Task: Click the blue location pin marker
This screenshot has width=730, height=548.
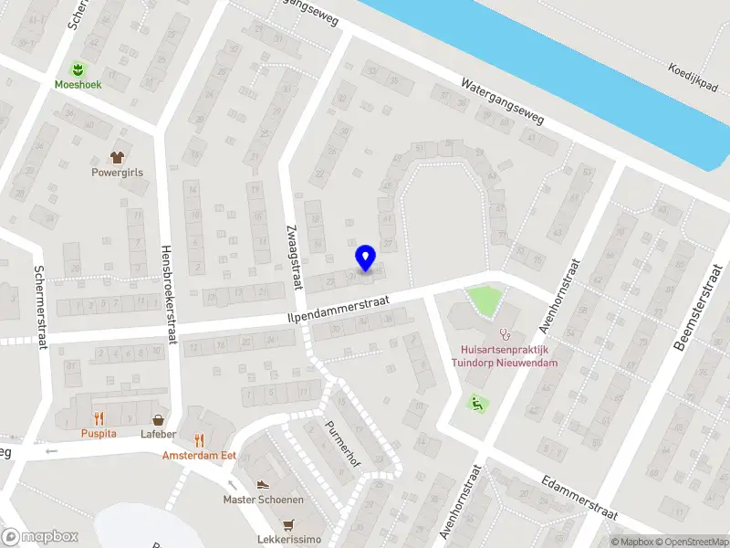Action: pos(365,258)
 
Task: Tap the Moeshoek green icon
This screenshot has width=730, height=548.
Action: pos(78,68)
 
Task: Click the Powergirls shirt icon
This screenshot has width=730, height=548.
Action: pos(117,156)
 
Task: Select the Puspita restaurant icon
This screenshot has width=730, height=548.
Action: pos(99,418)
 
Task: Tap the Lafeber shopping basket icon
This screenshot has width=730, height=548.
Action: pos(159,419)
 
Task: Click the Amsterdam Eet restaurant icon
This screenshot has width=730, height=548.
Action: pos(199,440)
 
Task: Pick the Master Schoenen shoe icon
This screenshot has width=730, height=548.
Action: pos(263,485)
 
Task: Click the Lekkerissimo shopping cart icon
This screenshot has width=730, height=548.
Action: pos(289,525)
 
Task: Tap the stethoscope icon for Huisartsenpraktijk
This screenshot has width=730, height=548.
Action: pos(501,334)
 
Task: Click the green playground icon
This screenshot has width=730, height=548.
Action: pos(474,402)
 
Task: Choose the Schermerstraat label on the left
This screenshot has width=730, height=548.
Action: pos(39,306)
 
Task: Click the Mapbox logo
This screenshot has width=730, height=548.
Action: pos(39,537)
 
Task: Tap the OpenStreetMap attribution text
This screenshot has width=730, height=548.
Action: pos(691,542)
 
